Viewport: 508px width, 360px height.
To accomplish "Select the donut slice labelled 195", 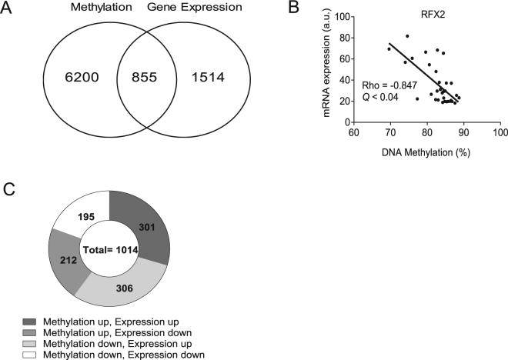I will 85,218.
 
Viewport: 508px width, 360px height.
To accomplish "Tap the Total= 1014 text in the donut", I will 109,248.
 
